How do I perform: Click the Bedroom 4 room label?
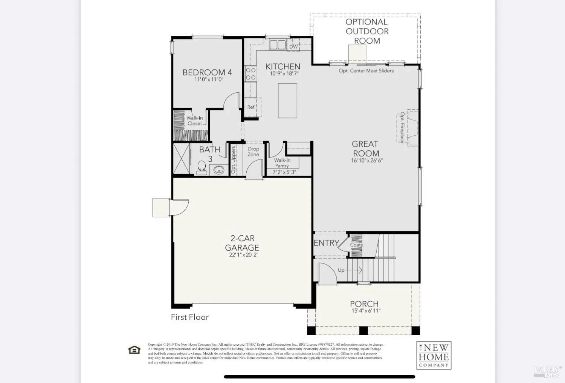(207, 72)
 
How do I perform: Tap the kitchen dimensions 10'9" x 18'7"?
(284, 74)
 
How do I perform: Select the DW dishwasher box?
(293, 47)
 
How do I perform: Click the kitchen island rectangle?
(287, 101)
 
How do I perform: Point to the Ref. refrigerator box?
(251, 107)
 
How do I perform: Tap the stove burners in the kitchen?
(250, 74)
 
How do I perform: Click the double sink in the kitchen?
(278, 45)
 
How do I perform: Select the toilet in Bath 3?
(202, 168)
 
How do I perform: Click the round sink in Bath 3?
(218, 170)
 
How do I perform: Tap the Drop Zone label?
(253, 152)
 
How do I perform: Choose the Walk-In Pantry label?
(282, 163)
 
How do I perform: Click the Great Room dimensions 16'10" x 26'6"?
(367, 161)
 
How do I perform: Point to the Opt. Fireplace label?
(402, 127)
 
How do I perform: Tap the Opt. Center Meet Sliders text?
(366, 70)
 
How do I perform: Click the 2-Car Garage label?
(242, 243)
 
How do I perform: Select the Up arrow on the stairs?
(350, 270)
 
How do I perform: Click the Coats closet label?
(356, 245)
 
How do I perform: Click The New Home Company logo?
(434, 355)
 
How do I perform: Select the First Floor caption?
(189, 317)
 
